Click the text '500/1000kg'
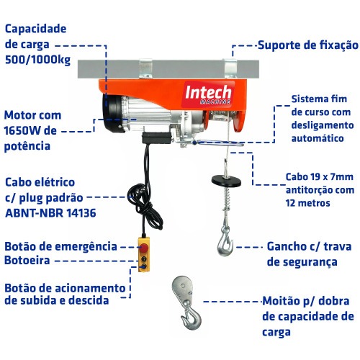point(39,60)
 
